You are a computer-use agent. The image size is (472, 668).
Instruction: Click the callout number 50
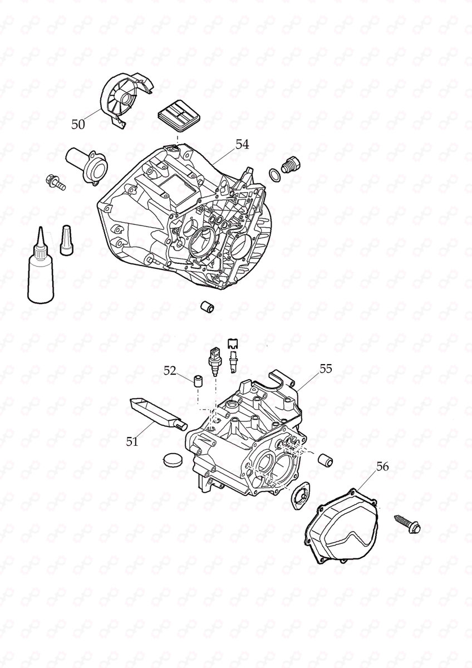coord(78,125)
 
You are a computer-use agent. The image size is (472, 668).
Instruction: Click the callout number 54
coord(242,144)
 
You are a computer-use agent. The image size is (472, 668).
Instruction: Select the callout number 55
coord(326,369)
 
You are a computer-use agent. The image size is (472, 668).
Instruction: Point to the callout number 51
coord(131,442)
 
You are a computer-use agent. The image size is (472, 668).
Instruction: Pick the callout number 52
coord(170,370)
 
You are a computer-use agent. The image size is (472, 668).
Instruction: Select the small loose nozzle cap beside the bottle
coord(67,240)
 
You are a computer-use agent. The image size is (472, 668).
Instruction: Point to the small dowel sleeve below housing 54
coord(207,307)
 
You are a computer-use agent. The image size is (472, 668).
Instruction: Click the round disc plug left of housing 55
coord(173,460)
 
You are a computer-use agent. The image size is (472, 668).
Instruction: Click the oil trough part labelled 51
coord(153,412)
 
